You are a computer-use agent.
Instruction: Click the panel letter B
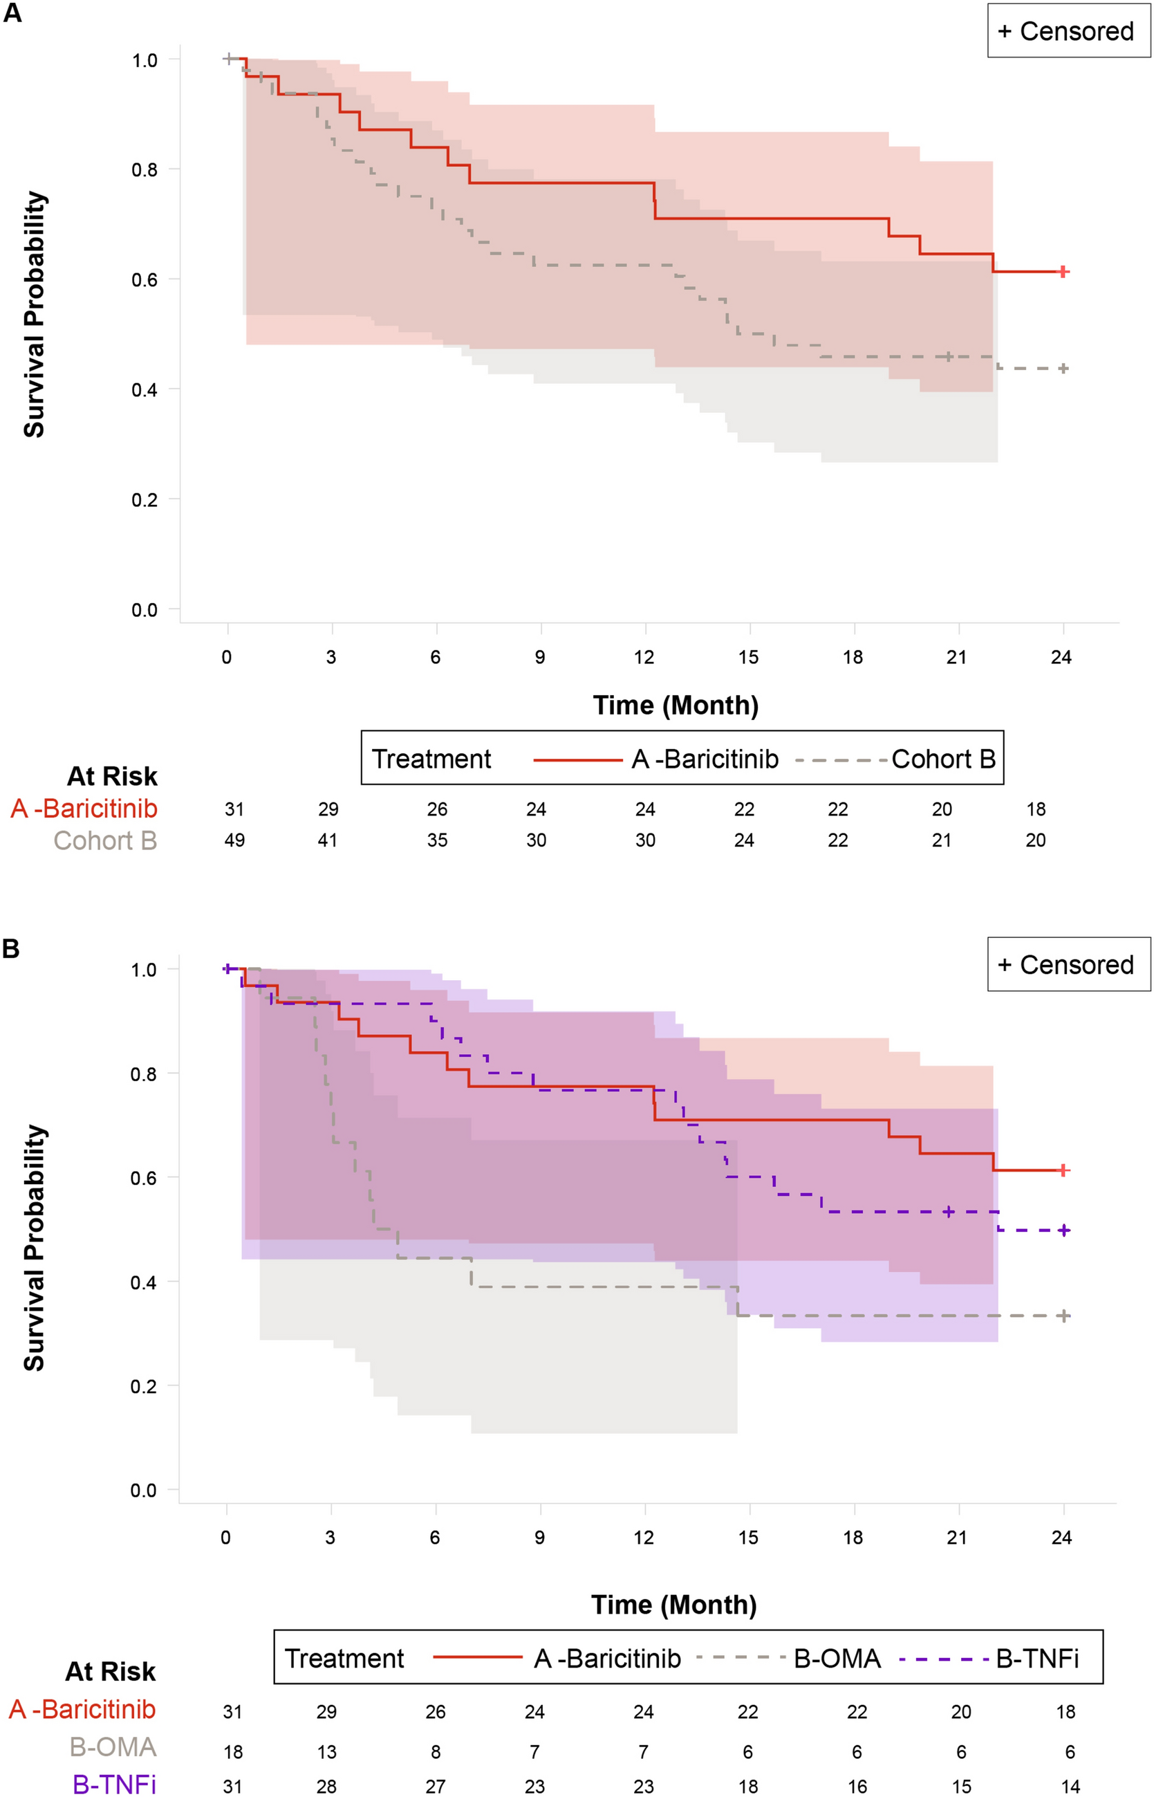point(11,948)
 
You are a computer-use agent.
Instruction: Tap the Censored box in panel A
point(1068,30)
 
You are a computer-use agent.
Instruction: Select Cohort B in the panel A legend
point(942,759)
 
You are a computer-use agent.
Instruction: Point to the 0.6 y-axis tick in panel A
point(145,279)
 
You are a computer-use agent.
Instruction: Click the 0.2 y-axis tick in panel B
point(144,1387)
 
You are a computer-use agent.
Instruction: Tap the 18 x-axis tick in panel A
point(853,658)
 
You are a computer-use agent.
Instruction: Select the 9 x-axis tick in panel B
point(539,1538)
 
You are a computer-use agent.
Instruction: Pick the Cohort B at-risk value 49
point(234,840)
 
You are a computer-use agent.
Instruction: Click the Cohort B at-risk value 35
point(437,840)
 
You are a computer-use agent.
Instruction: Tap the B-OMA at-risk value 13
point(327,1752)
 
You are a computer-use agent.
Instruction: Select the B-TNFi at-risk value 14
point(1070,1787)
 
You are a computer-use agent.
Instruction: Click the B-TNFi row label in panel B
point(114,1785)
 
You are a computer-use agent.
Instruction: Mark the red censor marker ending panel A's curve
point(1063,271)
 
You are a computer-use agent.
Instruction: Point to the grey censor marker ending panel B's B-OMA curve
point(1064,1316)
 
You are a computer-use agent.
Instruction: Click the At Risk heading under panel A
point(113,776)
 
